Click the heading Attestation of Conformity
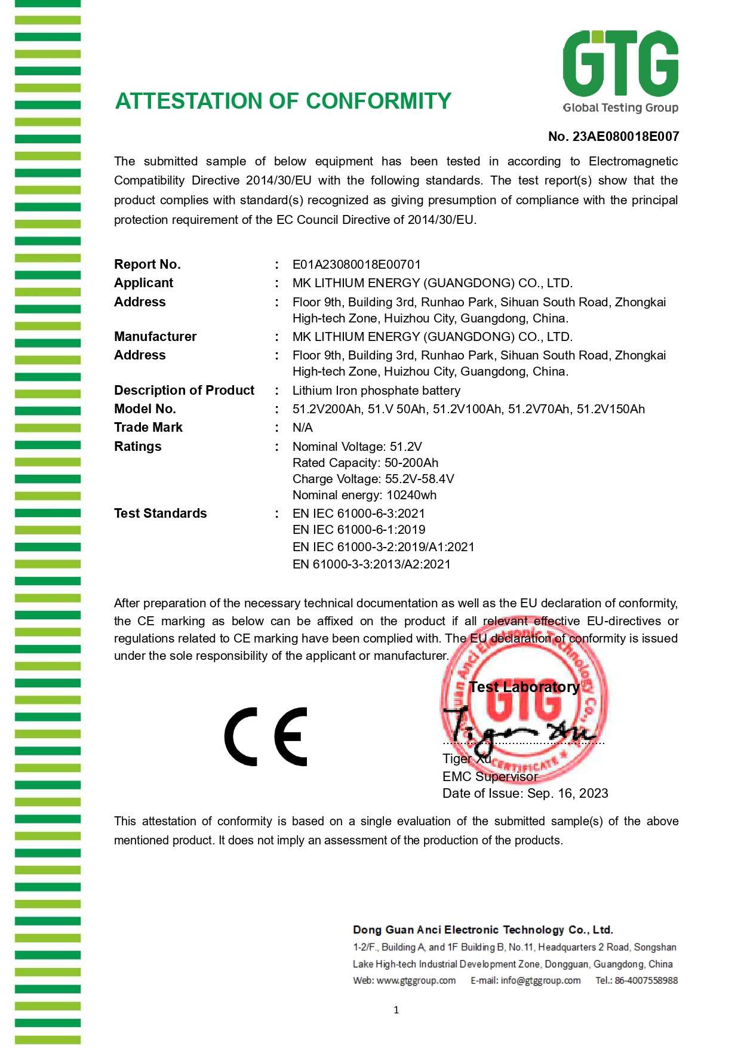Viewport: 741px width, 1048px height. pyautogui.click(x=283, y=102)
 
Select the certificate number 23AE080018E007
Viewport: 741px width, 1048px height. pyautogui.click(x=625, y=137)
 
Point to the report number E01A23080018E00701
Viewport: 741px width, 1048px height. pyautogui.click(x=356, y=265)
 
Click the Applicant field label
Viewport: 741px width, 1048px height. pyautogui.click(x=143, y=283)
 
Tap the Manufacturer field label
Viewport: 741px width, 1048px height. pyautogui.click(x=155, y=337)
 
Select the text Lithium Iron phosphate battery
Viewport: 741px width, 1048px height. pyautogui.click(x=376, y=391)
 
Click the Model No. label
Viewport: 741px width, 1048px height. pyautogui.click(x=145, y=409)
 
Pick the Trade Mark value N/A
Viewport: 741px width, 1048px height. pyautogui.click(x=303, y=428)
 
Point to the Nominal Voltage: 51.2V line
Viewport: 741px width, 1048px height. pyautogui.click(x=357, y=447)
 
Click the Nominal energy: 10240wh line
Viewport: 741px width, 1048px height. pyautogui.click(x=364, y=495)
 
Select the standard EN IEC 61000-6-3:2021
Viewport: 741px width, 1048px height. pyautogui.click(x=359, y=514)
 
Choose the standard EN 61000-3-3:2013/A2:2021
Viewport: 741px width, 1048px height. pyautogui.click(x=371, y=564)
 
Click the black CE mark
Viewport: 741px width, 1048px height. pyautogui.click(x=266, y=737)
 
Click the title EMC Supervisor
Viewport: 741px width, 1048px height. pyautogui.click(x=490, y=776)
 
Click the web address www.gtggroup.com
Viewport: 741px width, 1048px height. pyautogui.click(x=416, y=981)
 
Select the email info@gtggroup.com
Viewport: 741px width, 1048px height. pyautogui.click(x=540, y=981)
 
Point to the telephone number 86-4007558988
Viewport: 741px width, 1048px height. pyautogui.click(x=646, y=981)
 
